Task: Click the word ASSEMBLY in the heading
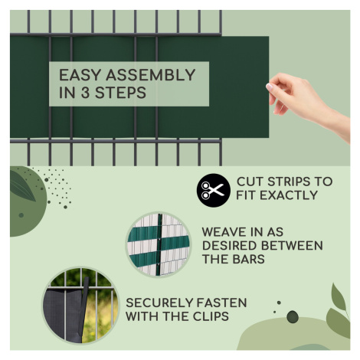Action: pyautogui.click(x=151, y=75)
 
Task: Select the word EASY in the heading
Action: pyautogui.click(x=80, y=75)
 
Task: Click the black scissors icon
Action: pyautogui.click(x=213, y=190)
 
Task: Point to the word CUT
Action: pyautogui.click(x=250, y=182)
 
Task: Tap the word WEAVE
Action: pyautogui.click(x=224, y=232)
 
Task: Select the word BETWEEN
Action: pyautogui.click(x=293, y=246)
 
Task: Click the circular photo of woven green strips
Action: pyautogui.click(x=159, y=244)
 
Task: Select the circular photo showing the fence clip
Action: pyautogui.click(x=80, y=305)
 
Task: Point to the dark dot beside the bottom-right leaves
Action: pyautogui.click(x=293, y=316)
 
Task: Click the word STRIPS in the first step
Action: pyautogui.click(x=289, y=182)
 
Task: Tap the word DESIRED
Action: pyautogui.click(x=230, y=246)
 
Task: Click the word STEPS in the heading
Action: pyautogui.click(x=120, y=93)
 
